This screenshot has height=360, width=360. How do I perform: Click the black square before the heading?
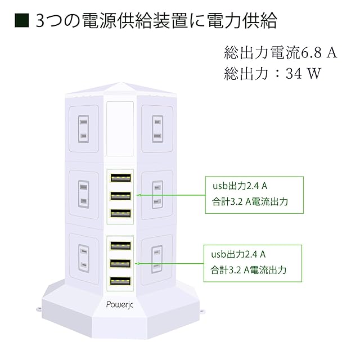pyautogui.click(x=21, y=21)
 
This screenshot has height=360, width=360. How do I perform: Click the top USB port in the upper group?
pyautogui.click(x=120, y=178)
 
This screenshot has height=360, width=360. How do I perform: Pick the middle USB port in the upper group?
pyautogui.click(x=120, y=196)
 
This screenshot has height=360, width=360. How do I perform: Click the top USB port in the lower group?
pyautogui.click(x=120, y=245)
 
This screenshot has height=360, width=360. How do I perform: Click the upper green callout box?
pyautogui.click(x=253, y=194)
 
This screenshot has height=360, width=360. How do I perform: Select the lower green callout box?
pyautogui.click(x=253, y=262)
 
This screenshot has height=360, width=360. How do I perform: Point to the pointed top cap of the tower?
pyautogui.click(x=120, y=90)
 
